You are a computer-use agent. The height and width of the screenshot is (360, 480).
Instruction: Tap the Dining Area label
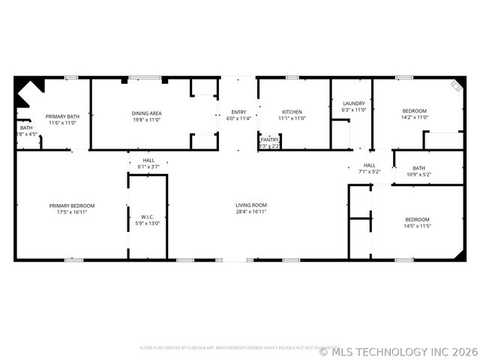[x=146, y=113]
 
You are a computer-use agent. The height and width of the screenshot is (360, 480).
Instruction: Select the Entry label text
[x=238, y=112]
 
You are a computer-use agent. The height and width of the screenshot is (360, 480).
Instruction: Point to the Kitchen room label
[x=292, y=112]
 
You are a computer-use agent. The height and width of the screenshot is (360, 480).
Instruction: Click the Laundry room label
[x=353, y=103]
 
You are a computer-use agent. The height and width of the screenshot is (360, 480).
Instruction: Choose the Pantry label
[x=269, y=139]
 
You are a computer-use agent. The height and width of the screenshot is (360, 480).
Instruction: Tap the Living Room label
[x=251, y=205]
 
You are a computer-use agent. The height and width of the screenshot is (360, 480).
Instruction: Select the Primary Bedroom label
[x=72, y=205]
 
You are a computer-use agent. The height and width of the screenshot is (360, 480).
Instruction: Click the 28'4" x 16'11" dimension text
[x=251, y=211]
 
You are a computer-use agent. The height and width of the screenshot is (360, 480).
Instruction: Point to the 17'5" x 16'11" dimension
[x=72, y=211]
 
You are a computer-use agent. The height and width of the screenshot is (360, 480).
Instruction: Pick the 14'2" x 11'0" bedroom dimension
[x=414, y=118]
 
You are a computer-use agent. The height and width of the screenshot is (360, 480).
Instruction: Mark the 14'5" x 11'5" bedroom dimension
[x=418, y=225]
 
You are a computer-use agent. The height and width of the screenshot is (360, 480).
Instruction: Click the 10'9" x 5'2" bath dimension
[x=418, y=175]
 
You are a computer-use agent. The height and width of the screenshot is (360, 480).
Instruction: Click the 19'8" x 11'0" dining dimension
[x=146, y=119]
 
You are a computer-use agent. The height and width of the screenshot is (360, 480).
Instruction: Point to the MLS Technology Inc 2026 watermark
[x=399, y=351]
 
